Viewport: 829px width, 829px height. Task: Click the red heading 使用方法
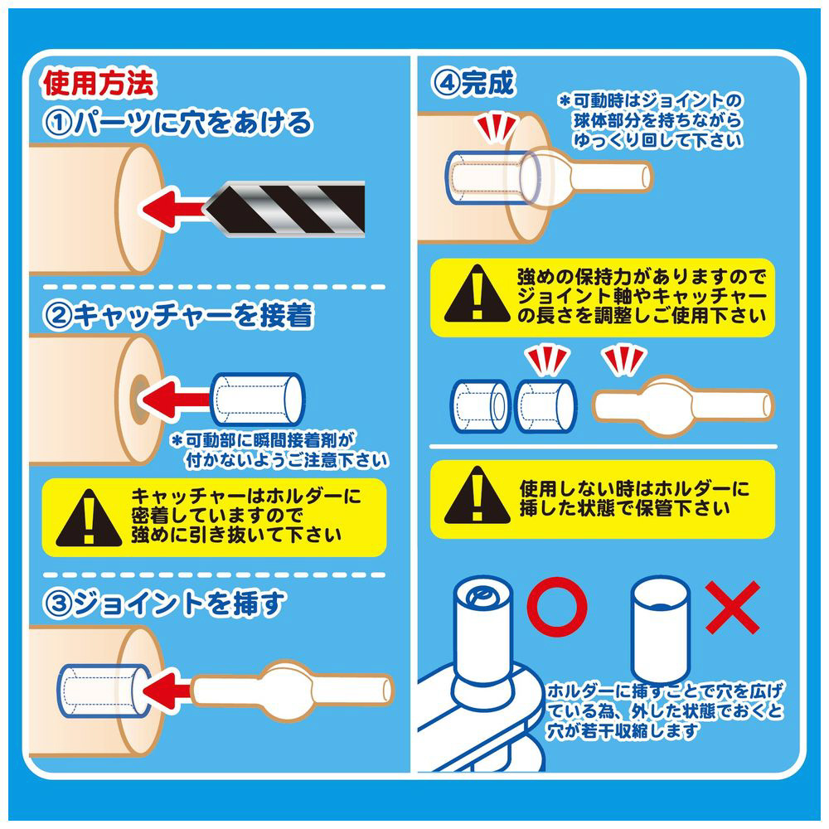pyautogui.click(x=99, y=83)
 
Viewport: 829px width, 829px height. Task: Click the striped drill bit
pyautogui.click(x=285, y=208)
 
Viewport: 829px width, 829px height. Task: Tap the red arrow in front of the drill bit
pyautogui.click(x=173, y=208)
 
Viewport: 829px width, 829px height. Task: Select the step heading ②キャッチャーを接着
pyautogui.click(x=179, y=315)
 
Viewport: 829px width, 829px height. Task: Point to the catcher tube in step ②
pyautogui.click(x=258, y=400)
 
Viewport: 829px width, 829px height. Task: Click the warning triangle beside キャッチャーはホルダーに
pyautogui.click(x=89, y=518)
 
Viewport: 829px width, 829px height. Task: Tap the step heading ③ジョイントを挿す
pyautogui.click(x=165, y=604)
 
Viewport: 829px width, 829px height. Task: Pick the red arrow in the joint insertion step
pyautogui.click(x=167, y=691)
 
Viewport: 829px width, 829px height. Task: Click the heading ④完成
pyautogui.click(x=473, y=83)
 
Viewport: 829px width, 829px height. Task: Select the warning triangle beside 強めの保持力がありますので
pyautogui.click(x=477, y=294)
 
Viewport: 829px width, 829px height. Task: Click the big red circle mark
pyautogui.click(x=557, y=607)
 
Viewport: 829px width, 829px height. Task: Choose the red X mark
pyautogui.click(x=732, y=608)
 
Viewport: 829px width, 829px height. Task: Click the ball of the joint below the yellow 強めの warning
pyautogui.click(x=667, y=406)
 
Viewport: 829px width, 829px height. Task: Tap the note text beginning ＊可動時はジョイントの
pyautogui.click(x=652, y=120)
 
